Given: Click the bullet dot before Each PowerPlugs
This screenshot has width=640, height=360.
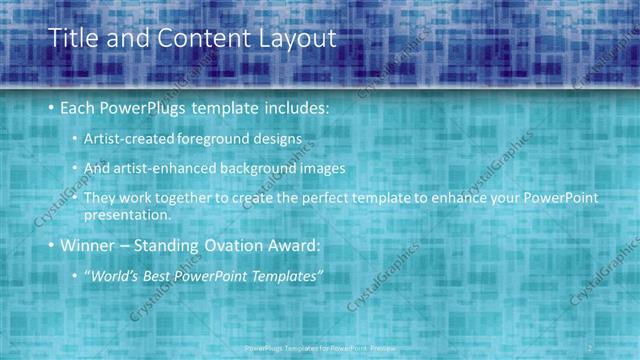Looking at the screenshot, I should click(x=51, y=107).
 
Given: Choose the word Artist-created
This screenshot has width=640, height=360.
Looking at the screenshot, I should click(x=132, y=138).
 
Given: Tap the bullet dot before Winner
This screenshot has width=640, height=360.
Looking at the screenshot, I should click(x=51, y=245).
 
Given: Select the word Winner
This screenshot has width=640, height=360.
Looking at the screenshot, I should click(x=88, y=245).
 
